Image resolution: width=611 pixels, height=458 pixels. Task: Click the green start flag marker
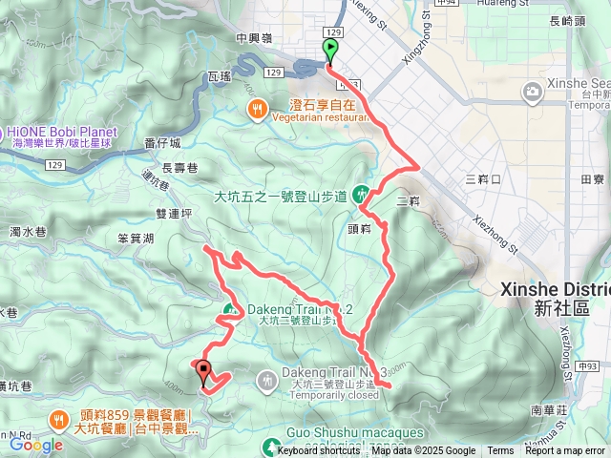(330, 51)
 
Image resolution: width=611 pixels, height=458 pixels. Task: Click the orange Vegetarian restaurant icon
(257, 110)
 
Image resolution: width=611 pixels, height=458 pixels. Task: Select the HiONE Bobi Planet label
(62, 132)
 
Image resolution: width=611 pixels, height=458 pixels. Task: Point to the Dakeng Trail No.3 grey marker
(265, 379)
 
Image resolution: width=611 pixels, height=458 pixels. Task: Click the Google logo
(35, 445)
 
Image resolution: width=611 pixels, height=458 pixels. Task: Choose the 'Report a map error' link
(564, 451)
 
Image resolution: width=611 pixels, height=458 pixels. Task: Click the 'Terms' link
(500, 451)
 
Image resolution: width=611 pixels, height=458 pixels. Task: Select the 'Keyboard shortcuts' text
(319, 451)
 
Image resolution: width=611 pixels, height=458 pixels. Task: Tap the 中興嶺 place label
(255, 39)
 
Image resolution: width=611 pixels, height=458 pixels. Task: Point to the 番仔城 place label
(161, 142)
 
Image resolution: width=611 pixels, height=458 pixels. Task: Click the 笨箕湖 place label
(136, 239)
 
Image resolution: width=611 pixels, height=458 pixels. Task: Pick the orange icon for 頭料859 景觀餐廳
(58, 417)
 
